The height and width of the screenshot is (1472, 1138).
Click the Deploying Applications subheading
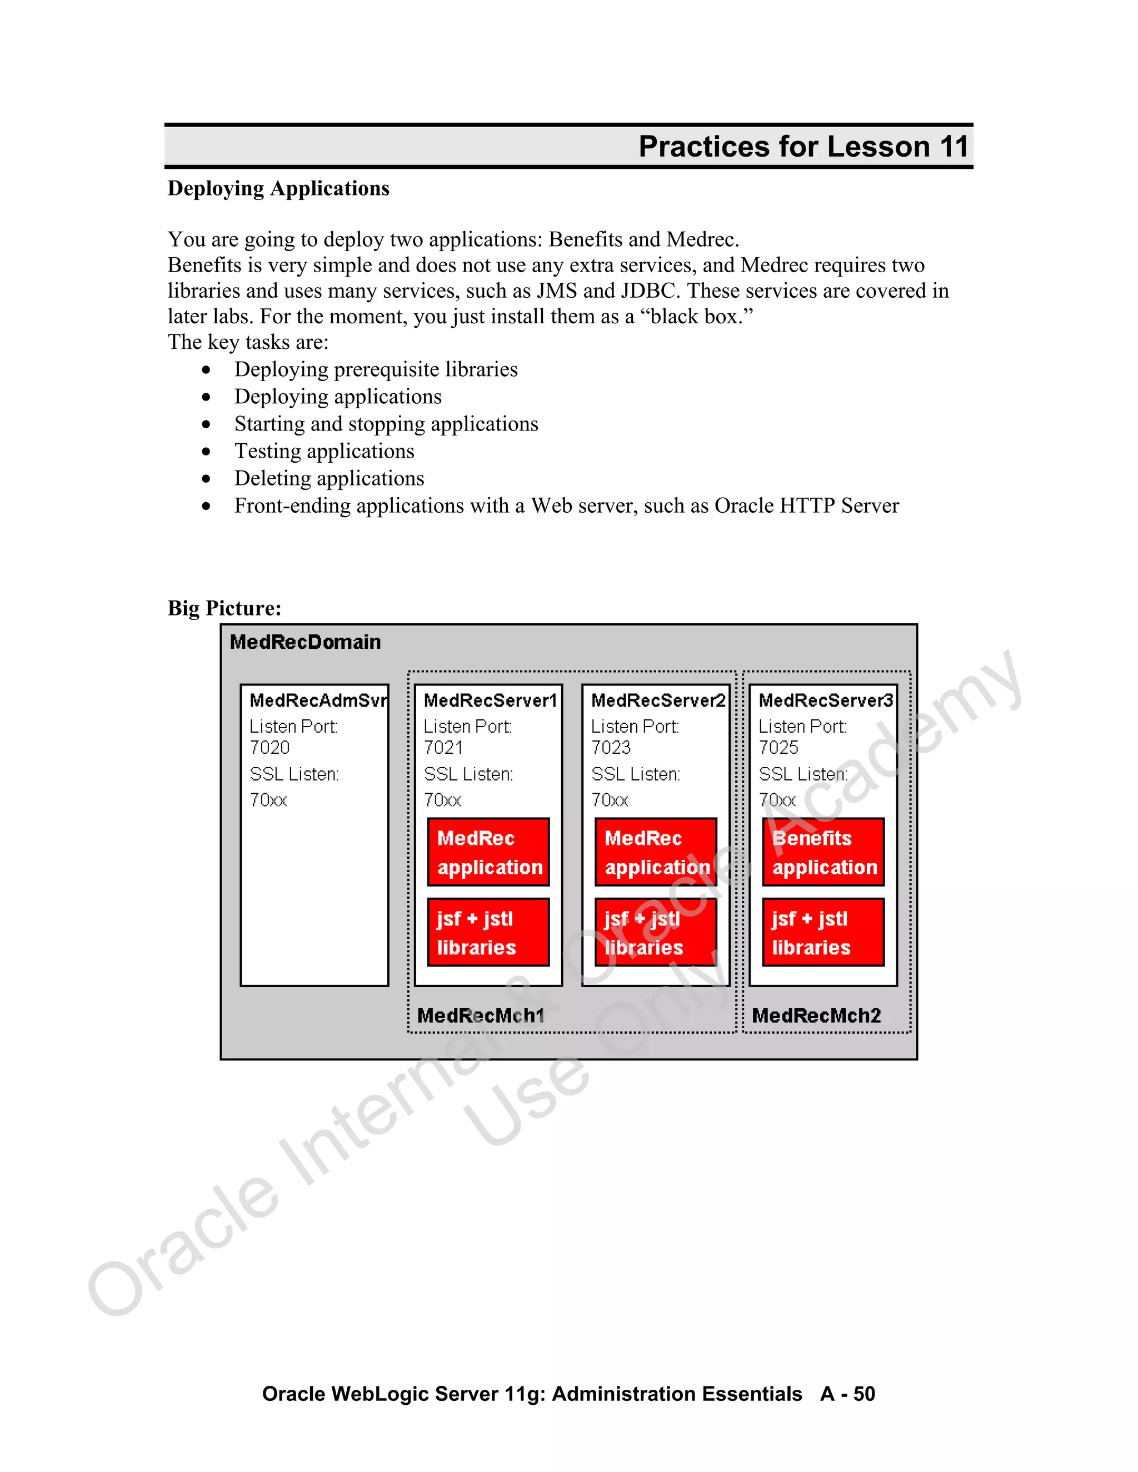278,188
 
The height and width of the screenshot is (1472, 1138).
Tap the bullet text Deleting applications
329,478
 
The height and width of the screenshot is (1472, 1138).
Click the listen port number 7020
269,748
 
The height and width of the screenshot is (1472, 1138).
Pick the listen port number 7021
443,748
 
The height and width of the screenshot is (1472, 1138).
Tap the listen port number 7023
611,748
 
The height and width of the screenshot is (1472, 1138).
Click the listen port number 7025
778,748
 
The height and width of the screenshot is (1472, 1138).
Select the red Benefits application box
823,852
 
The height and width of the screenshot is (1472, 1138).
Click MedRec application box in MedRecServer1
489,852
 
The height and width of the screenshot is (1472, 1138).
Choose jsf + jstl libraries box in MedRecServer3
823,932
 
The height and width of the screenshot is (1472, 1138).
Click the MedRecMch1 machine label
480,1016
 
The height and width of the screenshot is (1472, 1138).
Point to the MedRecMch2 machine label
816,1016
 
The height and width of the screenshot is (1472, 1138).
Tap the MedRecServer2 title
658,700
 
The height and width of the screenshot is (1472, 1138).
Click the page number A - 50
847,1394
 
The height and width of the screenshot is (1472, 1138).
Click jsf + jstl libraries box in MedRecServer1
489,932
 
